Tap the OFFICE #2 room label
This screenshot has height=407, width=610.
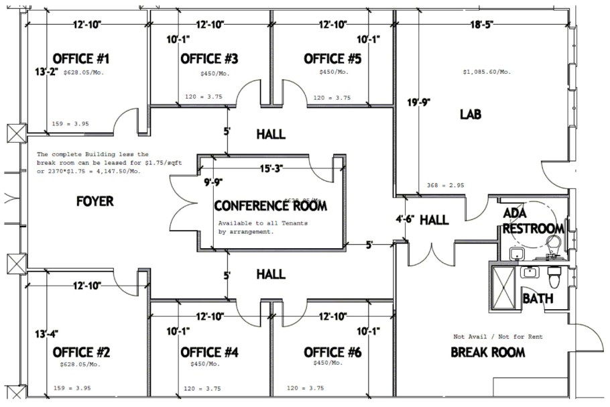click(x=81, y=352)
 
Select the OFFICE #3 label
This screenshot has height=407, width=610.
click(x=209, y=59)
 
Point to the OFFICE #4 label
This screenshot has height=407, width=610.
click(x=209, y=352)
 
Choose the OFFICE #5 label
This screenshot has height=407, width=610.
click(x=332, y=59)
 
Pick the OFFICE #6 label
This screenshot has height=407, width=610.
click(x=332, y=352)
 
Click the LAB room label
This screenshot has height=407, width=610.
click(x=470, y=115)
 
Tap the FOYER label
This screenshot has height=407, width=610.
click(x=95, y=201)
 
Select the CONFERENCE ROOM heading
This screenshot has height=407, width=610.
click(x=271, y=206)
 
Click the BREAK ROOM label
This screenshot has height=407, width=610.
click(x=487, y=352)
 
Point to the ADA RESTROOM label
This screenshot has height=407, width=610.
click(x=534, y=221)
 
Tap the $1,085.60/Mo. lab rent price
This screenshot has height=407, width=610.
click(x=487, y=72)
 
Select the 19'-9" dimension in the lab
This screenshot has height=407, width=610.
click(x=418, y=103)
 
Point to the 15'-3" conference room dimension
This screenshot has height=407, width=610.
click(x=271, y=168)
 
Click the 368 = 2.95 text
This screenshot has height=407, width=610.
click(x=446, y=186)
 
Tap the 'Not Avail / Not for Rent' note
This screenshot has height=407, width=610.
click(x=498, y=337)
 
